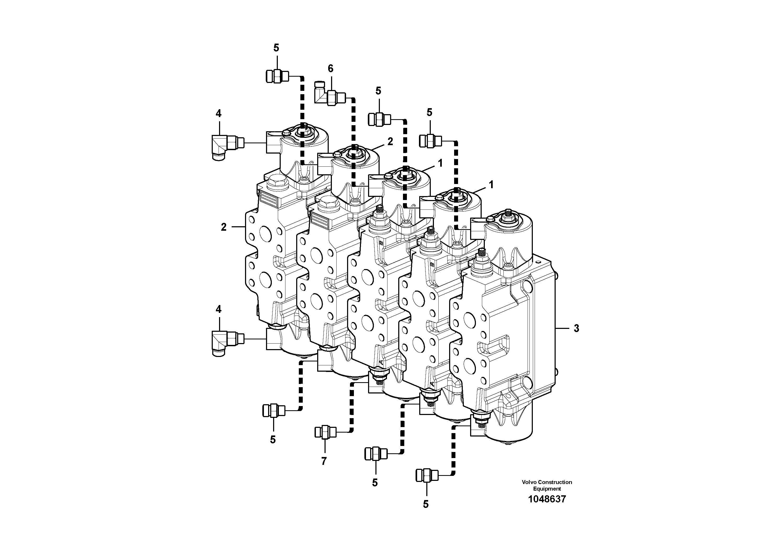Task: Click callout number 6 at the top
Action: (330, 69)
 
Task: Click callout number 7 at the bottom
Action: (323, 461)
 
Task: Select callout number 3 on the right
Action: (576, 328)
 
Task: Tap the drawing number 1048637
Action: (547, 499)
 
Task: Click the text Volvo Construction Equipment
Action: (547, 485)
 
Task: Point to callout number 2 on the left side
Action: (224, 227)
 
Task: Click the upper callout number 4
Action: (218, 113)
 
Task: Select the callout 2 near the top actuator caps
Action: (390, 141)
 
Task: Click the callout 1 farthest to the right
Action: (491, 185)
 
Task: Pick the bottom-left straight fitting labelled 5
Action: (273, 411)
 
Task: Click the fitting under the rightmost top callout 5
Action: (430, 140)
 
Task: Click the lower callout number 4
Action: (218, 309)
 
